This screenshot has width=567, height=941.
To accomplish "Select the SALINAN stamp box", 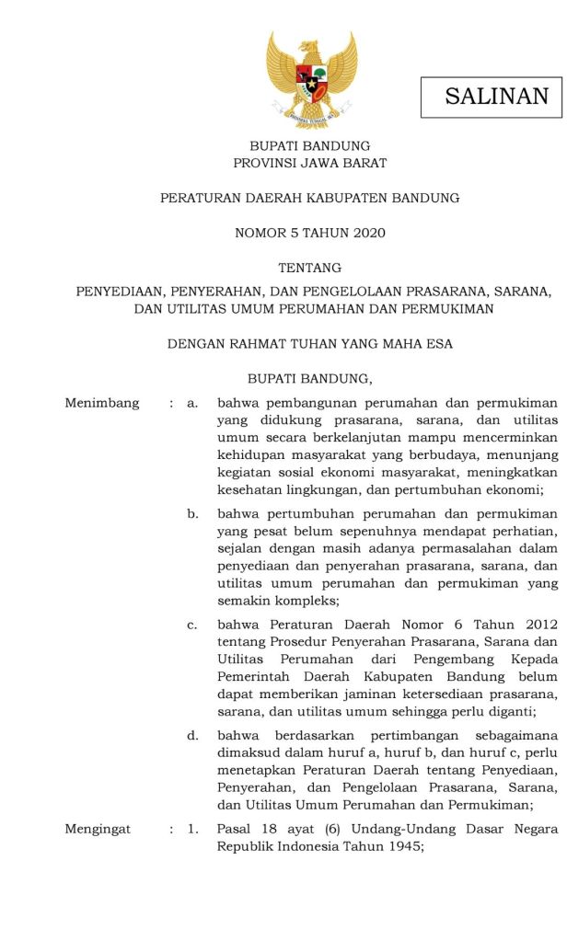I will [491, 97].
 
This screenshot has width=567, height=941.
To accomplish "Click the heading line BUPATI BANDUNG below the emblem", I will [310, 146].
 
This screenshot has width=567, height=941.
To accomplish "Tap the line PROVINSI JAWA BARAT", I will [310, 163].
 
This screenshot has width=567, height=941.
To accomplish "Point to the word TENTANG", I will [310, 268].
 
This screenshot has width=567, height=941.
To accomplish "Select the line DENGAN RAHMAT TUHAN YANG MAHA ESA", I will [310, 343].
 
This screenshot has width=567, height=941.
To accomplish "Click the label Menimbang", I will [102, 403].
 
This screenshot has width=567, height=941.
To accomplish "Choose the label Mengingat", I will [98, 830].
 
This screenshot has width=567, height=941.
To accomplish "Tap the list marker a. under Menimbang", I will [192, 403].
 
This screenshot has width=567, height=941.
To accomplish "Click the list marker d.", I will [192, 736].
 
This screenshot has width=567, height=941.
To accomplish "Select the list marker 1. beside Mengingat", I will [192, 830].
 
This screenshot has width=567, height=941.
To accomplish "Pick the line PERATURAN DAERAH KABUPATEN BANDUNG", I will [310, 198].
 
